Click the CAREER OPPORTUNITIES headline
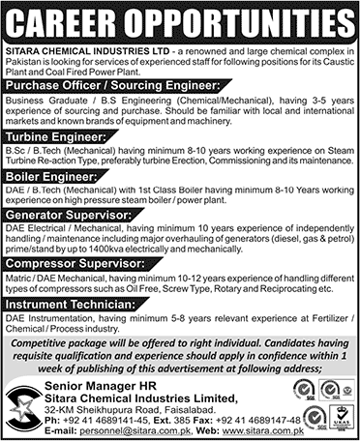pyautogui.click(x=180, y=18)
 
